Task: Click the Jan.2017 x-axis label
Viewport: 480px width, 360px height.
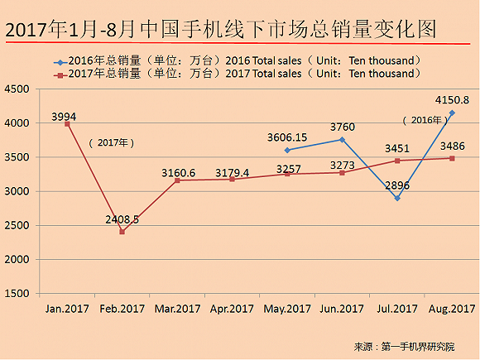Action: point(67,309)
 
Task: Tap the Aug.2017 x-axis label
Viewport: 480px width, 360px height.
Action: point(451,309)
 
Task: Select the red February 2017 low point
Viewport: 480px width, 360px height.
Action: point(122,232)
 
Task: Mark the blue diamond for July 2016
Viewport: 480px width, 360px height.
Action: point(397,199)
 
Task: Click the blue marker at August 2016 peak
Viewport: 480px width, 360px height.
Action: point(452,113)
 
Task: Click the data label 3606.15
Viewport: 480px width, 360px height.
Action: point(287,137)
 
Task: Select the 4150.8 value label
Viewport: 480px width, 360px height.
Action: point(453,101)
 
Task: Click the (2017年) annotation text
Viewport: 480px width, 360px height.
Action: point(111,142)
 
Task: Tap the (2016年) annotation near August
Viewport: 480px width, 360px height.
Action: point(425,119)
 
